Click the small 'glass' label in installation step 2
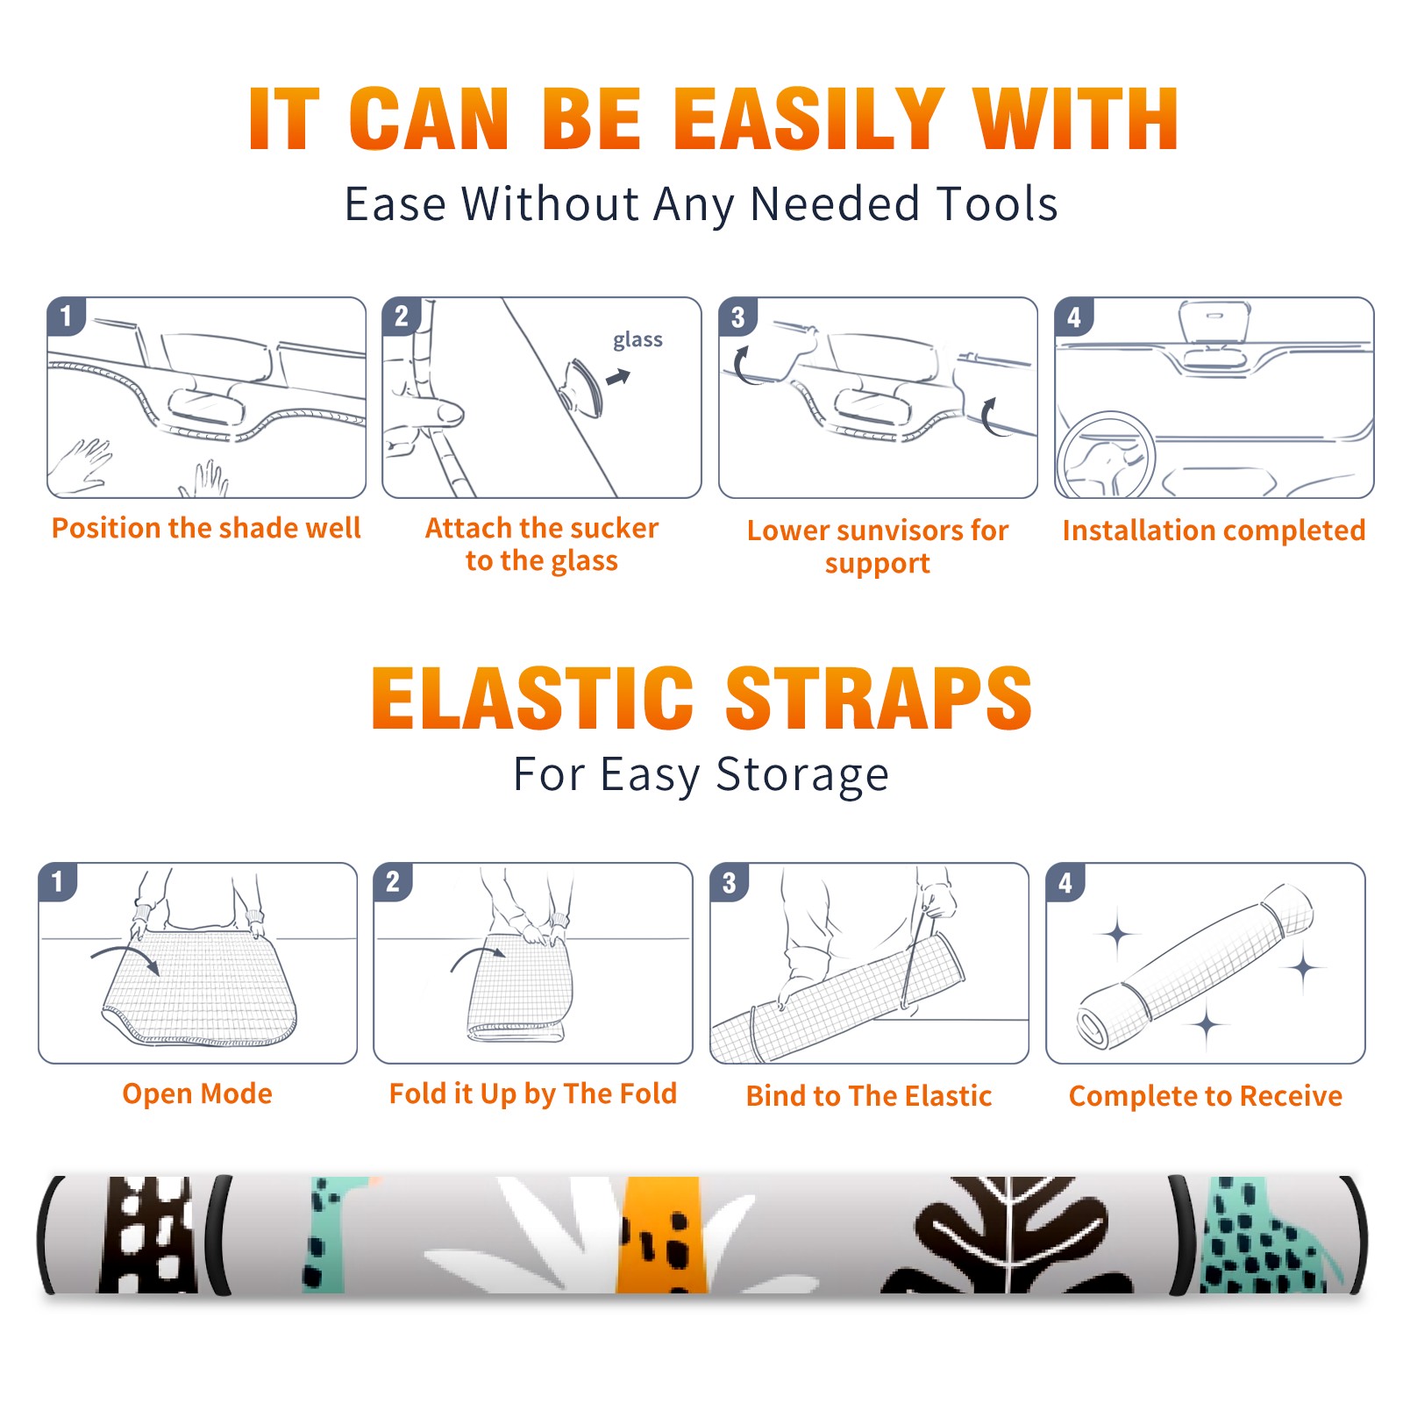[x=637, y=340]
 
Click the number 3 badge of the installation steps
[x=737, y=317]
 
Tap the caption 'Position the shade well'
[x=206, y=528]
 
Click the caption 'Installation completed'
[x=1214, y=530]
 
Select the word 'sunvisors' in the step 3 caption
[x=897, y=530]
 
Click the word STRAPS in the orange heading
[x=879, y=698]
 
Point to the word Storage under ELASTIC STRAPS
[x=802, y=775]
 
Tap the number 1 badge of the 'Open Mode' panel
[x=58, y=882]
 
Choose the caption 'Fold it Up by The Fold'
[x=533, y=1093]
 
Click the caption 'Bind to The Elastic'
[x=869, y=1096]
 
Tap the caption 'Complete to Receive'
[x=1206, y=1096]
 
